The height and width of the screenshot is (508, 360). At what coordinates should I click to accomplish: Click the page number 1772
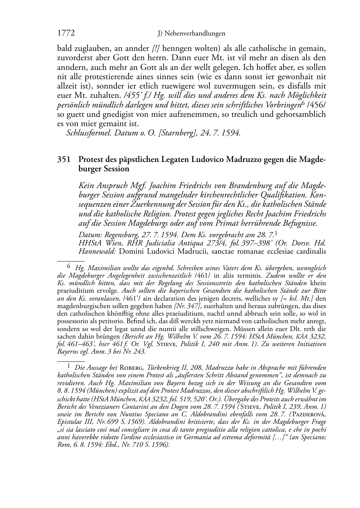coord(66,33)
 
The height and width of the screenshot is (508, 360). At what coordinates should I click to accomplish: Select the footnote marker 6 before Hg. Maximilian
coord(69,265)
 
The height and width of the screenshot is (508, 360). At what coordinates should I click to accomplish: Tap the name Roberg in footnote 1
coord(131,368)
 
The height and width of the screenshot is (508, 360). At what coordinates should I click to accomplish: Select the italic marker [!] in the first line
coord(157,48)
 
